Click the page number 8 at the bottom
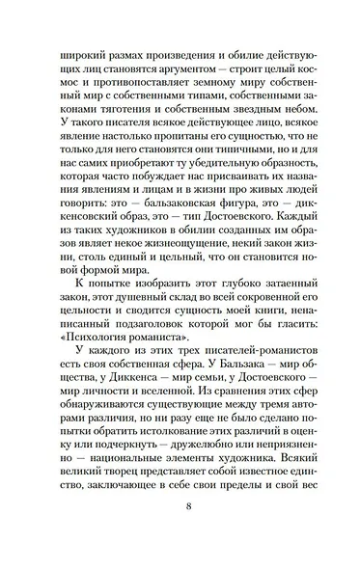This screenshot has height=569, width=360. coord(180,530)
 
